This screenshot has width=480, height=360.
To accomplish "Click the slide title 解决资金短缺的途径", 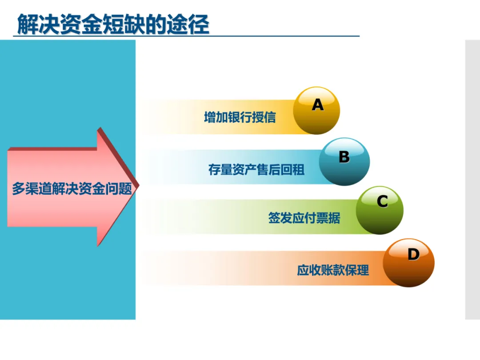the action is pyautogui.click(x=113, y=24).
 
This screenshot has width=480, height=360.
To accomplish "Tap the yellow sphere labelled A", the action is pyautogui.click(x=316, y=111).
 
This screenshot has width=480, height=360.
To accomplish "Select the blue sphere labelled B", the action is pyautogui.click(x=344, y=162).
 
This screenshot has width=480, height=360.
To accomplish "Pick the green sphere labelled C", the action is pyautogui.click(x=380, y=210).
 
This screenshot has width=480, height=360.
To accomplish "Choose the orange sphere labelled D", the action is pyautogui.click(x=408, y=263).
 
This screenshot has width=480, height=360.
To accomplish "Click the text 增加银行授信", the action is pyautogui.click(x=240, y=117).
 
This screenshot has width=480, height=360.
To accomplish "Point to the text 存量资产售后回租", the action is pyautogui.click(x=256, y=170).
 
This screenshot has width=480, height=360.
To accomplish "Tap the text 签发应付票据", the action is pyautogui.click(x=304, y=218).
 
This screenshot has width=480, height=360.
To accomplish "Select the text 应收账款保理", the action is pyautogui.click(x=333, y=270).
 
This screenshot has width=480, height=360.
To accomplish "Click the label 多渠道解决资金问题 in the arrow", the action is pyautogui.click(x=72, y=188).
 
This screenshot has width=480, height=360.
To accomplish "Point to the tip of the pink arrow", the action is pyautogui.click(x=139, y=184).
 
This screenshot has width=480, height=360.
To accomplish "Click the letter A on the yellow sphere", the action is pyautogui.click(x=317, y=105).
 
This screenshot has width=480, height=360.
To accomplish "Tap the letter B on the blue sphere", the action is pyautogui.click(x=344, y=157).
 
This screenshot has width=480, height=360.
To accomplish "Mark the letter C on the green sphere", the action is pyautogui.click(x=382, y=201).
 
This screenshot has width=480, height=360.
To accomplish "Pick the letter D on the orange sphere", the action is pyautogui.click(x=413, y=254).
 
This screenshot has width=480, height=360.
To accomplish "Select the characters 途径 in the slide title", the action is pyautogui.click(x=188, y=24).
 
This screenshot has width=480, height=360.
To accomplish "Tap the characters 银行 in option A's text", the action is pyautogui.click(x=240, y=117).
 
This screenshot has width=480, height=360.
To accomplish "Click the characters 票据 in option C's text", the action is pyautogui.click(x=328, y=218).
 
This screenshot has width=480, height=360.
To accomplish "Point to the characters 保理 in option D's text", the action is pyautogui.click(x=357, y=270).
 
